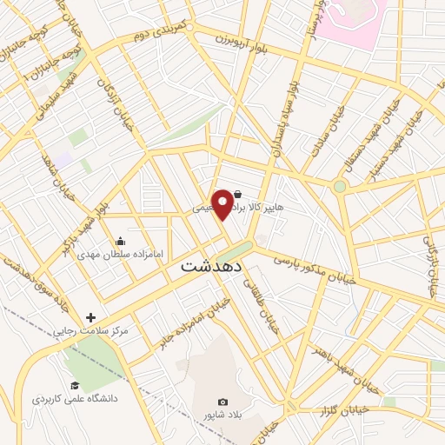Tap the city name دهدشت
point(212,269)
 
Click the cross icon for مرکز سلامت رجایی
point(90,318)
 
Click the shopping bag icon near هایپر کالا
point(238,196)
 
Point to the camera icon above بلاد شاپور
point(222,402)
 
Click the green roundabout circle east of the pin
point(339,186)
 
